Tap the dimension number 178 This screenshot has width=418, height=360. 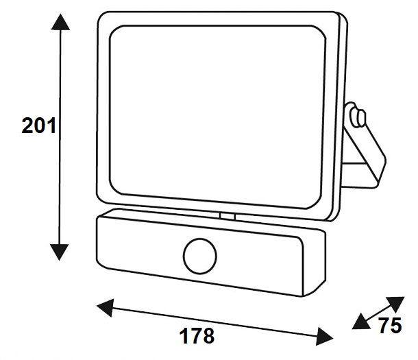click(x=197, y=337)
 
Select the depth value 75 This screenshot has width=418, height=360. click(x=390, y=326)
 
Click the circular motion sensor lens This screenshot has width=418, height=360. click(x=199, y=256)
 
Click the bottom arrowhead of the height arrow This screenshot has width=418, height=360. click(x=61, y=252)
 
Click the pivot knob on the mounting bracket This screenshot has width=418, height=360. click(x=354, y=115)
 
